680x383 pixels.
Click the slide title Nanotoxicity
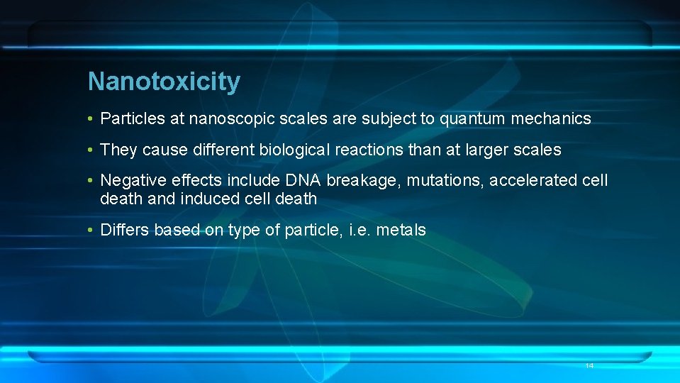(164, 82)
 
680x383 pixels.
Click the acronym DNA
(303, 181)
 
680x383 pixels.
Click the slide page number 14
(589, 365)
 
